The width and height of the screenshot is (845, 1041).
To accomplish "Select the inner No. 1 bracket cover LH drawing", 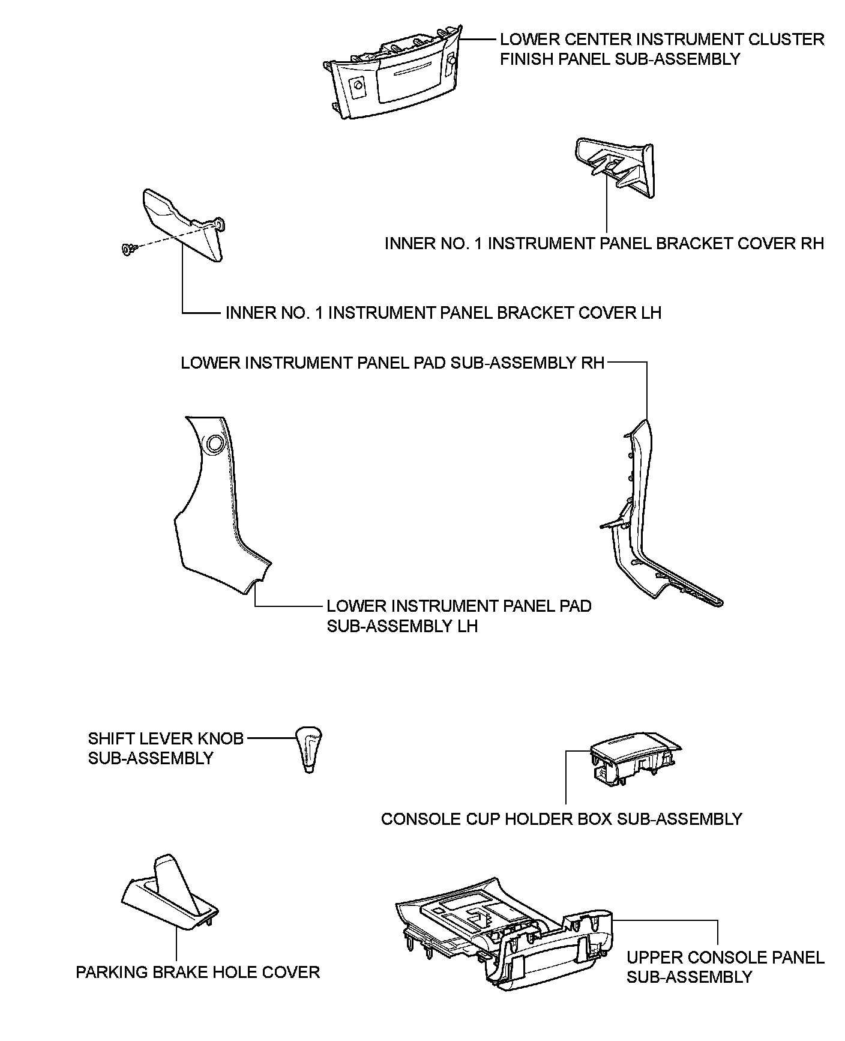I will point(183,225).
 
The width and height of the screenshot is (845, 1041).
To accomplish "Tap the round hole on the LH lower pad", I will point(213,444).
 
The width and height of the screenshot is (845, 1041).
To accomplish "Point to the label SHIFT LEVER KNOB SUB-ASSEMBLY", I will point(166,748).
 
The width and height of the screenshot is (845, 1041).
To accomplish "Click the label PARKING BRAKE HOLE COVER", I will point(197,972).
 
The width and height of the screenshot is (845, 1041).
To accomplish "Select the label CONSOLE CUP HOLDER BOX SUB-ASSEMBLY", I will point(562,819).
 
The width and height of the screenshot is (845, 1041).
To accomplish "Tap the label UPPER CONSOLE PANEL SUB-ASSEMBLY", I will point(725,967).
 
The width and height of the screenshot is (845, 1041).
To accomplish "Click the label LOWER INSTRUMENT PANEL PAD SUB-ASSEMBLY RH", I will point(392,363).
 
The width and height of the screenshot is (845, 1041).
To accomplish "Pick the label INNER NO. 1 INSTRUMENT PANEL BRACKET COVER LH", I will point(443,313).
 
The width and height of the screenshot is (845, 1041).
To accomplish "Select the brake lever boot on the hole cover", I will point(170,883).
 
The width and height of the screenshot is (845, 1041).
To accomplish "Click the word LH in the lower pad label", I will point(466,626).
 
